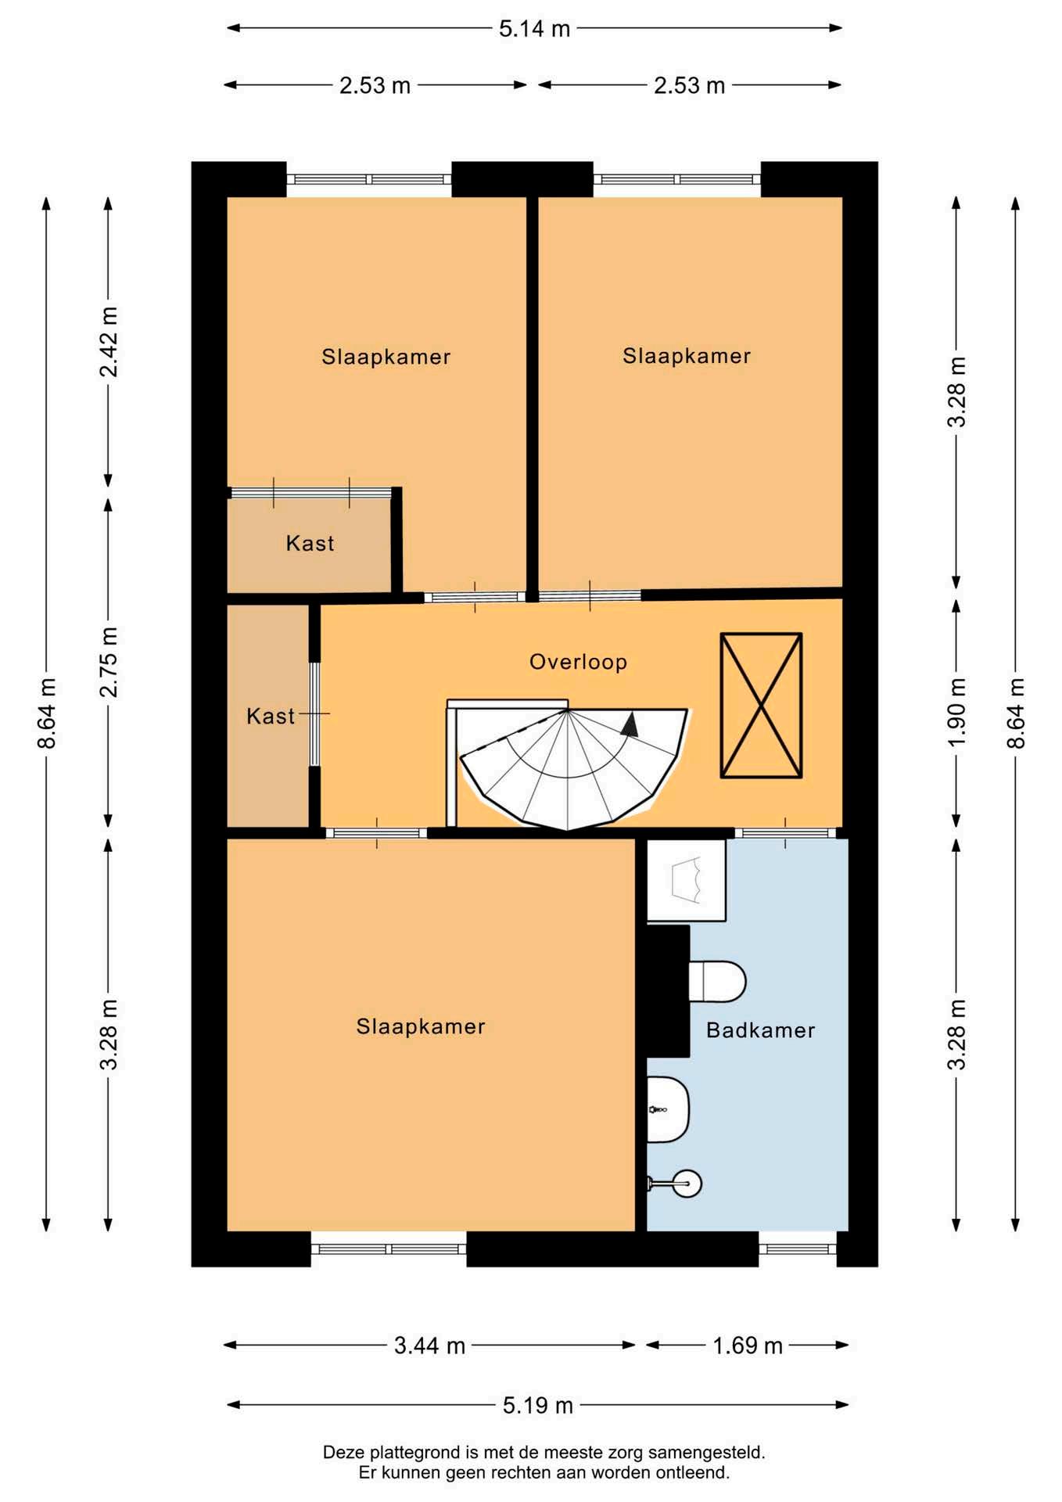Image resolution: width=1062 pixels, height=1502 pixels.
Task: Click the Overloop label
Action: click(578, 662)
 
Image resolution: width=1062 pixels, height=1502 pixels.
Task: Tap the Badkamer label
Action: click(760, 1030)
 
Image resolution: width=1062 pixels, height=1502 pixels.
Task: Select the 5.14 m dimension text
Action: click(535, 29)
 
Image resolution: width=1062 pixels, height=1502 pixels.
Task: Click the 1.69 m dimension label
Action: click(748, 1346)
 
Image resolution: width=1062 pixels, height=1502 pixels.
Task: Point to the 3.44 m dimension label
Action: click(429, 1346)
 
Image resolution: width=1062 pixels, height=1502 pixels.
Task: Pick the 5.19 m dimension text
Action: click(538, 1405)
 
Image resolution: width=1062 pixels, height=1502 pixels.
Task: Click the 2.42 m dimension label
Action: click(109, 342)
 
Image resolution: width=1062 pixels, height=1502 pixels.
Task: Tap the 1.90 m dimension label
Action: click(956, 713)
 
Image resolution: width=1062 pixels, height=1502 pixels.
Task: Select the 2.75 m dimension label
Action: click(109, 662)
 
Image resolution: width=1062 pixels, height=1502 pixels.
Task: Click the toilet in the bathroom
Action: click(716, 981)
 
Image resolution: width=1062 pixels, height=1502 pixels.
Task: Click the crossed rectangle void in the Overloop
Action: click(761, 706)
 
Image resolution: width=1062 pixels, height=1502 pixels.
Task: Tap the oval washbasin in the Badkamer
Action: click(667, 1109)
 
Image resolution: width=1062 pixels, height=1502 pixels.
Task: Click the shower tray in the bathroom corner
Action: click(686, 880)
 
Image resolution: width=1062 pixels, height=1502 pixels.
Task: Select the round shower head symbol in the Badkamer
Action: click(688, 1184)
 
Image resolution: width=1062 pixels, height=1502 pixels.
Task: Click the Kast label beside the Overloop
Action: click(271, 716)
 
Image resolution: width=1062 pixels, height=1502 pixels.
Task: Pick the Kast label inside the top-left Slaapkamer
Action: click(310, 543)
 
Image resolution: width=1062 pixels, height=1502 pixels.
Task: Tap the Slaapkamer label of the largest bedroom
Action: click(421, 1026)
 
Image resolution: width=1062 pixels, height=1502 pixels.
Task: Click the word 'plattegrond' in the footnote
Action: click(416, 1453)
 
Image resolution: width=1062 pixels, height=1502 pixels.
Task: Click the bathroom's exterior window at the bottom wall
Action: click(798, 1249)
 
